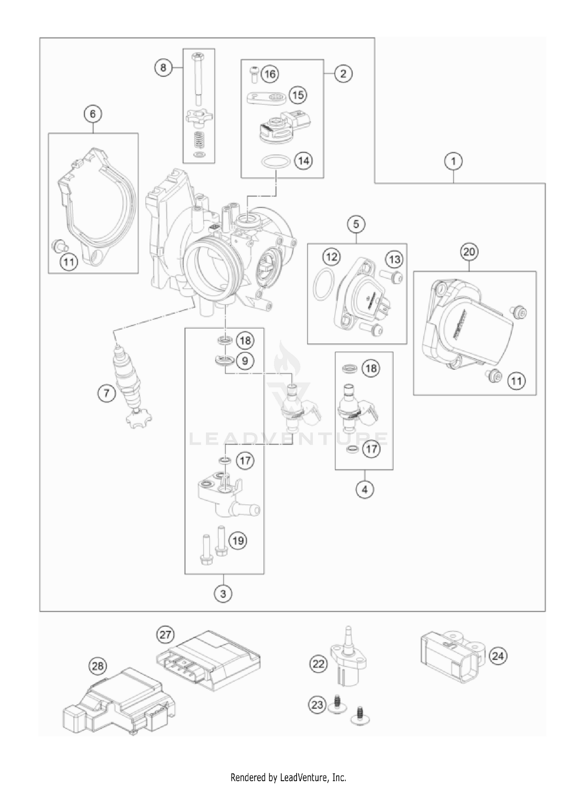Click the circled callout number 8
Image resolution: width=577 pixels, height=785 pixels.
click(x=163, y=68)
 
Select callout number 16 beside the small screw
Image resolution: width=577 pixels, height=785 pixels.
click(x=270, y=73)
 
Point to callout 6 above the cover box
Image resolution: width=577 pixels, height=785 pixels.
click(x=93, y=114)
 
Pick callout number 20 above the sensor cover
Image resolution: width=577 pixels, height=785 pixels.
click(x=469, y=252)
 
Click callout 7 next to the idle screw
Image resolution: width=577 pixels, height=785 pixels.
click(x=107, y=393)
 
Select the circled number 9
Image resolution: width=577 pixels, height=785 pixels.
click(x=245, y=360)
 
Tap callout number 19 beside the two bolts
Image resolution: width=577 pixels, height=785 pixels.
click(x=238, y=541)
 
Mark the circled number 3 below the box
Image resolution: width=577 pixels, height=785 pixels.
click(x=223, y=594)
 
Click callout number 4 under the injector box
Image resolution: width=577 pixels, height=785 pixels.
click(x=365, y=489)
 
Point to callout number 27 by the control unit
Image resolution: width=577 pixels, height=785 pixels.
click(x=165, y=634)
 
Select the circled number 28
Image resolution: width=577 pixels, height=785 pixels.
click(x=98, y=665)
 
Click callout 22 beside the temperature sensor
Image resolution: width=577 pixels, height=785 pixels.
click(x=319, y=664)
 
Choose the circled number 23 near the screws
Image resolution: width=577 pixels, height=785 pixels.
click(x=317, y=705)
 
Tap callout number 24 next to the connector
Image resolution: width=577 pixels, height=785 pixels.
click(x=497, y=655)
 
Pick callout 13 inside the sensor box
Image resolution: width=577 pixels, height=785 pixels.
click(x=395, y=259)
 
